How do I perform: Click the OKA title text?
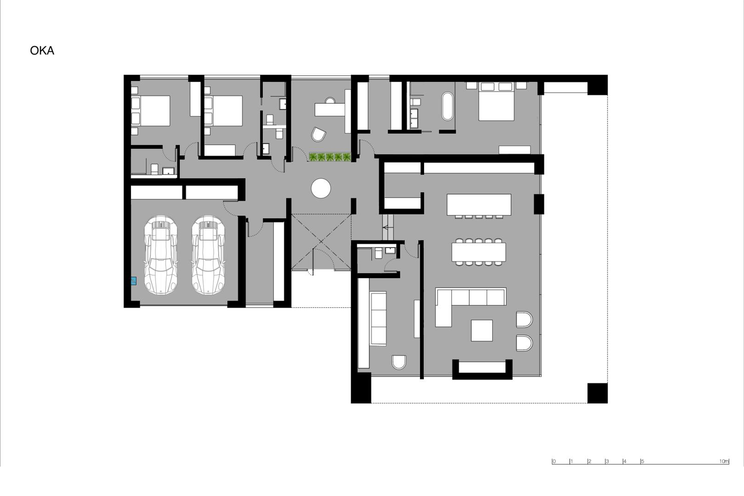42,51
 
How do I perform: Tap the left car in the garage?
161,255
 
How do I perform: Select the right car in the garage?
208,255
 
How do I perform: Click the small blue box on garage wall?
134,281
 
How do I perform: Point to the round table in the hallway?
321,188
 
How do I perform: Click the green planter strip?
330,157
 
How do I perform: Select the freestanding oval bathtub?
448,106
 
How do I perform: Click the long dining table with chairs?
479,252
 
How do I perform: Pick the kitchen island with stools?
479,206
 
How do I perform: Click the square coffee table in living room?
482,330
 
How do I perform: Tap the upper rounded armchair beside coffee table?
524,319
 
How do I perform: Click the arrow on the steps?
387,227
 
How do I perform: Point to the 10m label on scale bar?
724,461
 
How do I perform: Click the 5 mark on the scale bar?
642,461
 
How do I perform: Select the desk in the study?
330,109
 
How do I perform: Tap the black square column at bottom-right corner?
597,393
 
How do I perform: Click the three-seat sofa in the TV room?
378,319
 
